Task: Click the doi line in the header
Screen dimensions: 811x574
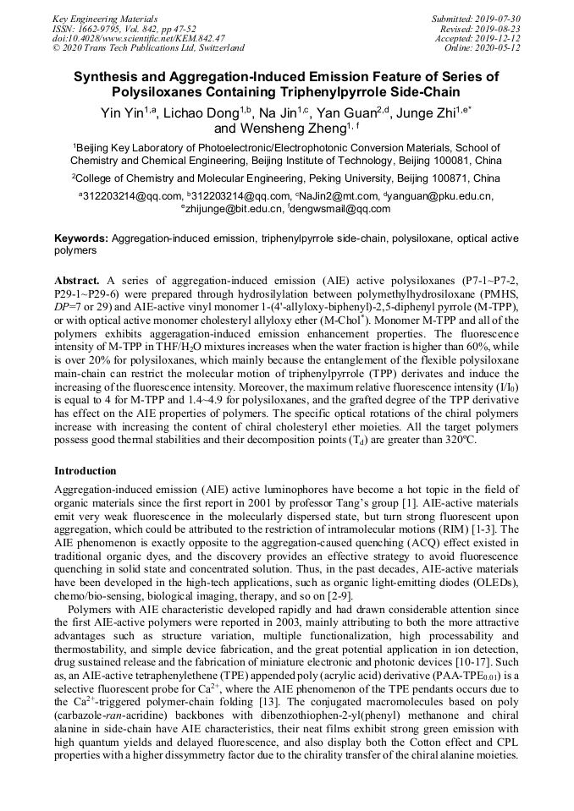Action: point(139,38)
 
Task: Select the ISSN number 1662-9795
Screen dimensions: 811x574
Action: point(107,28)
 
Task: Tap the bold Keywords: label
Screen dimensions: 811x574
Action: point(81,239)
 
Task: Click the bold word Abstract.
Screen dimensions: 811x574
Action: point(78,279)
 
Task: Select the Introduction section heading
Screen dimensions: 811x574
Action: point(86,470)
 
